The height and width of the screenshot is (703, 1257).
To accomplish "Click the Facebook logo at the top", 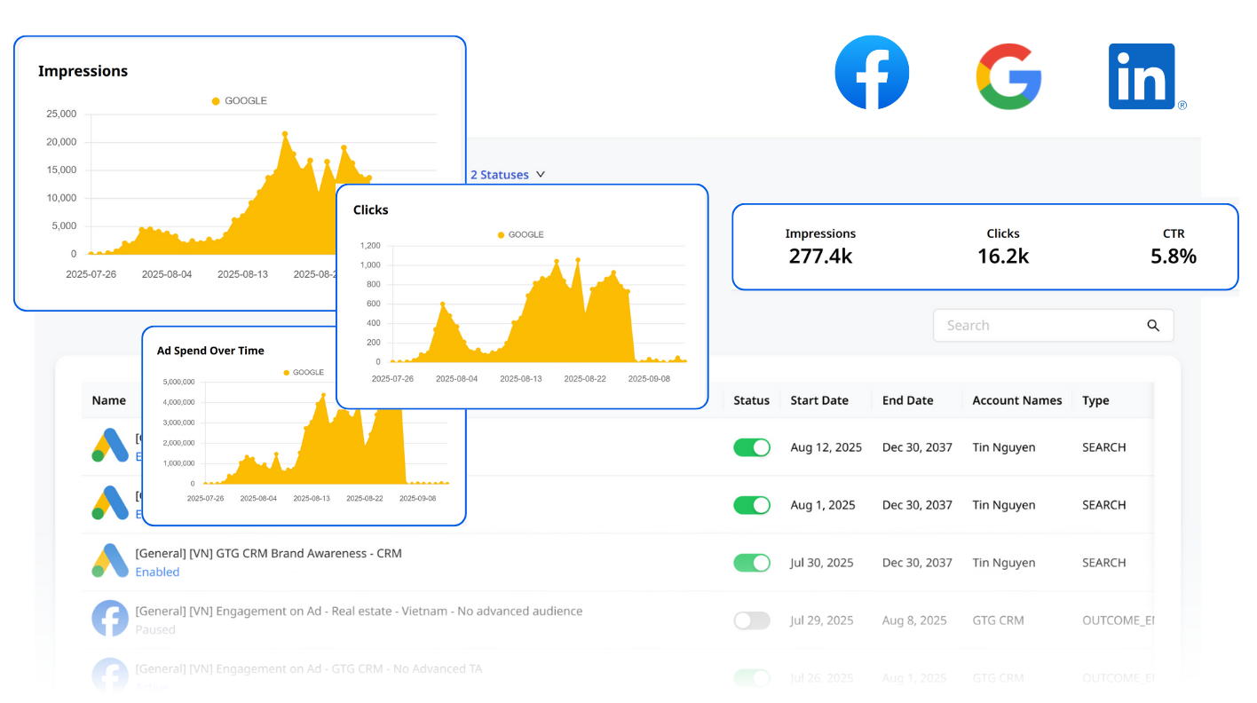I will click(x=872, y=73).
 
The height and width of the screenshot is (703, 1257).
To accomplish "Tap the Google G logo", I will click(x=1008, y=76).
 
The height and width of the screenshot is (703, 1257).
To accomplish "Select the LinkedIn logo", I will click(x=1142, y=76).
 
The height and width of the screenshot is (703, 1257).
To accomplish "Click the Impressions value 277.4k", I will click(x=820, y=257).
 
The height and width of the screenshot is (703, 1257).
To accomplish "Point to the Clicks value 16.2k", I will click(x=1003, y=257).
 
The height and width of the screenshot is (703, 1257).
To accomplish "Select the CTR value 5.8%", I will click(x=1174, y=257).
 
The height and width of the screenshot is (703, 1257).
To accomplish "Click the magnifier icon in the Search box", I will click(x=1153, y=326).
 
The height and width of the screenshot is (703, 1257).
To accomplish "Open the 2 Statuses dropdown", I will click(x=507, y=175).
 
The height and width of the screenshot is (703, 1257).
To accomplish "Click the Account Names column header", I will click(x=1016, y=400).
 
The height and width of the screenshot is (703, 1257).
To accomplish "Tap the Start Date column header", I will click(x=819, y=400).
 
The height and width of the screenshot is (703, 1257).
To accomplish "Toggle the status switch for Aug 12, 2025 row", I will click(x=752, y=447).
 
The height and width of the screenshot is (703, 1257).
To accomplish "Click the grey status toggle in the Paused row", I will click(x=752, y=620).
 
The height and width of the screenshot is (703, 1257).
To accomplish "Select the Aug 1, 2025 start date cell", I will click(x=823, y=505).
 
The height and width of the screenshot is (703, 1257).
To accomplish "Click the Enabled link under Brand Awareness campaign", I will click(x=157, y=573).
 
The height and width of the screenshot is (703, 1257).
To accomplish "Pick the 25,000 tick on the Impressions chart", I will click(x=61, y=114).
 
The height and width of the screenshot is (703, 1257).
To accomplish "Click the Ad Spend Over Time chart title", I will click(x=210, y=351).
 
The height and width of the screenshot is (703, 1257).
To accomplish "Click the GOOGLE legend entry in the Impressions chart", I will click(x=240, y=101).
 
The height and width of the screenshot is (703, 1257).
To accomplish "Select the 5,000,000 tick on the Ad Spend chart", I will click(x=178, y=382).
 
